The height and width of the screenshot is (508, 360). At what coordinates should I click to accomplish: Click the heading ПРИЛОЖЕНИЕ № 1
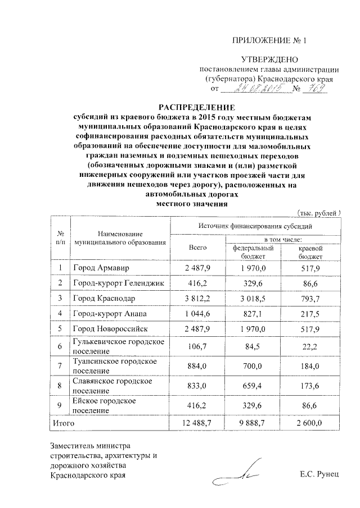(270, 40)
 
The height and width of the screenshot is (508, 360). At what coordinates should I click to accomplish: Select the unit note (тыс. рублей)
(318, 213)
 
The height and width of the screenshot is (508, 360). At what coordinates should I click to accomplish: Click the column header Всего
(198, 247)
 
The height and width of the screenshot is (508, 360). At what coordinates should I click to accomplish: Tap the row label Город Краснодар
(103, 298)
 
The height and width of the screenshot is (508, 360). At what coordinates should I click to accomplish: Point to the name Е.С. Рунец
(320, 475)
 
